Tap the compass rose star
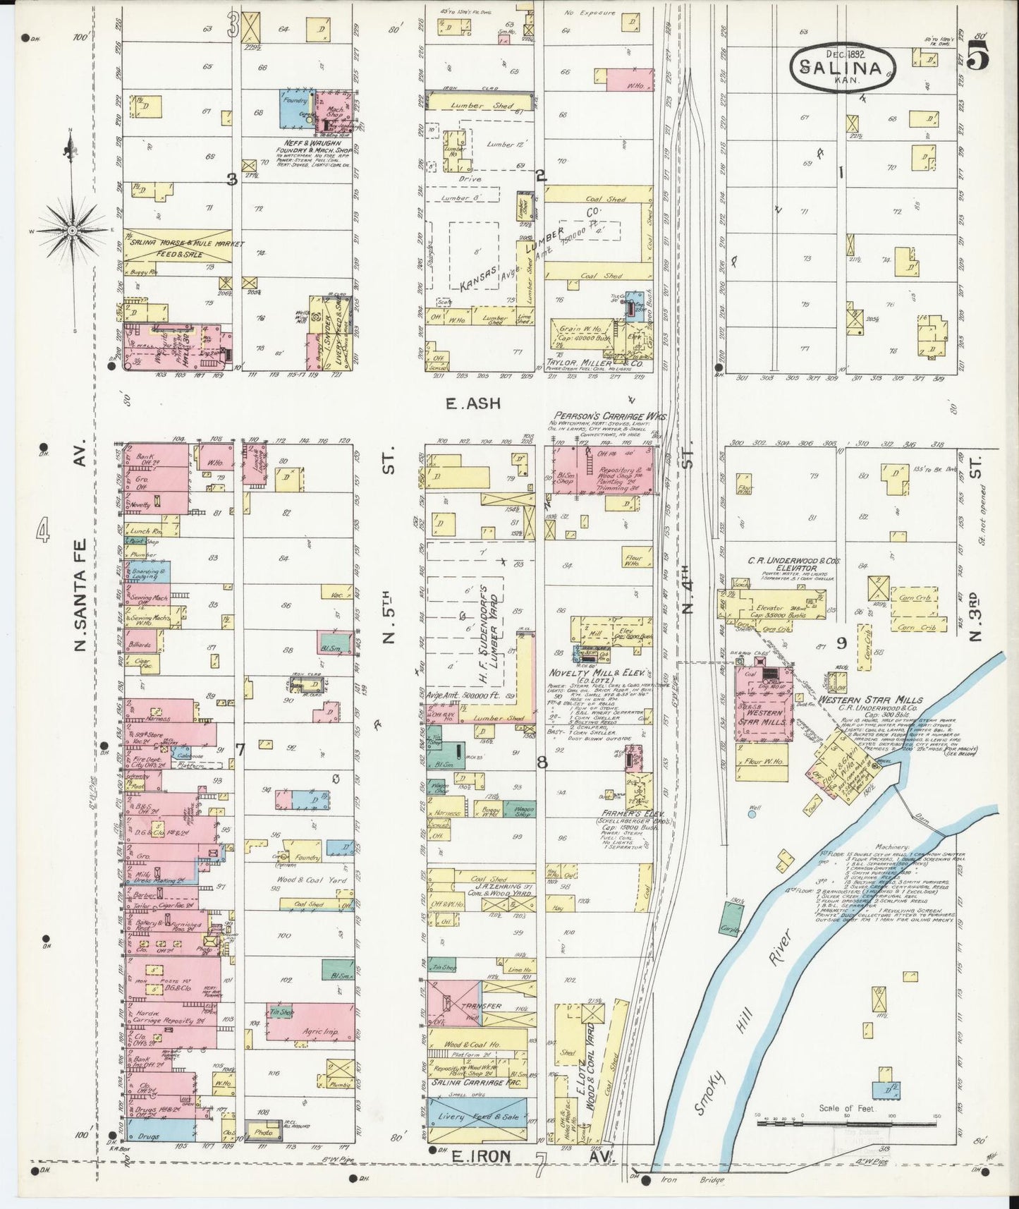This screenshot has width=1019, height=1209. click(x=71, y=231)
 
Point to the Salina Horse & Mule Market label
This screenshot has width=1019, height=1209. click(x=186, y=244)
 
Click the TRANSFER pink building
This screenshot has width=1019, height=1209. click(x=477, y=1006)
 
